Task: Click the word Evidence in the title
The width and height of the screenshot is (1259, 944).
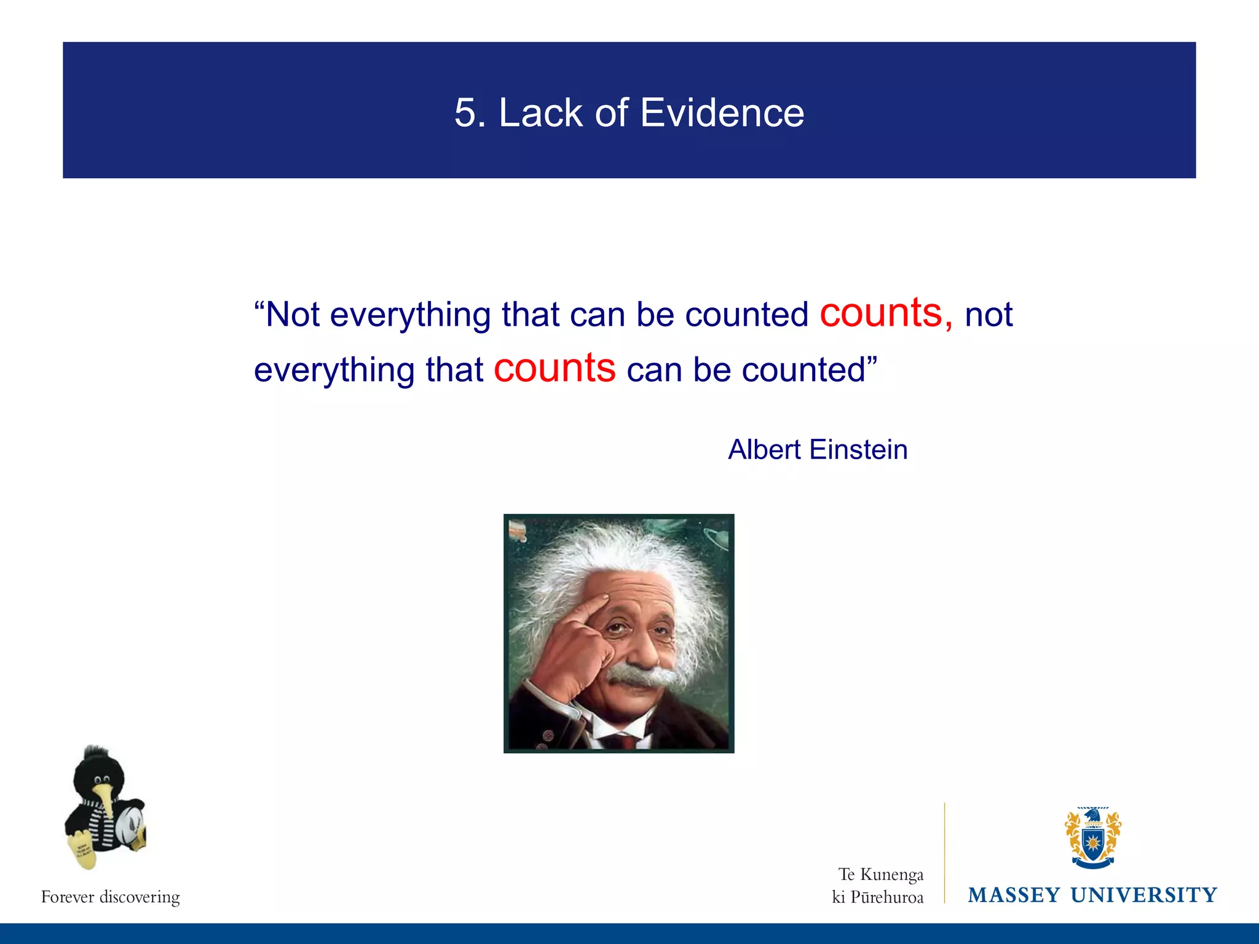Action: (x=722, y=113)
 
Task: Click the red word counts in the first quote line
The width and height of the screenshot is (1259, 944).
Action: (x=881, y=313)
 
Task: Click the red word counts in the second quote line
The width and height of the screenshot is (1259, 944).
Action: (x=555, y=368)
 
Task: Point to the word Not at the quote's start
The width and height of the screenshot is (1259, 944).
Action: (x=292, y=315)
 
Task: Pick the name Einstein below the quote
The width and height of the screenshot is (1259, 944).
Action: (x=858, y=450)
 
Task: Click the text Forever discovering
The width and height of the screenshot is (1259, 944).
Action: (x=111, y=897)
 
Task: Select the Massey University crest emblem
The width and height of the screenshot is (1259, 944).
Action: (x=1092, y=838)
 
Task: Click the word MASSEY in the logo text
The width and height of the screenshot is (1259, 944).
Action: (x=1014, y=895)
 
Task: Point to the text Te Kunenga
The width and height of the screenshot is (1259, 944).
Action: (x=880, y=874)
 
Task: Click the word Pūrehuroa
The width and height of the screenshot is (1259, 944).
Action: (x=886, y=898)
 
